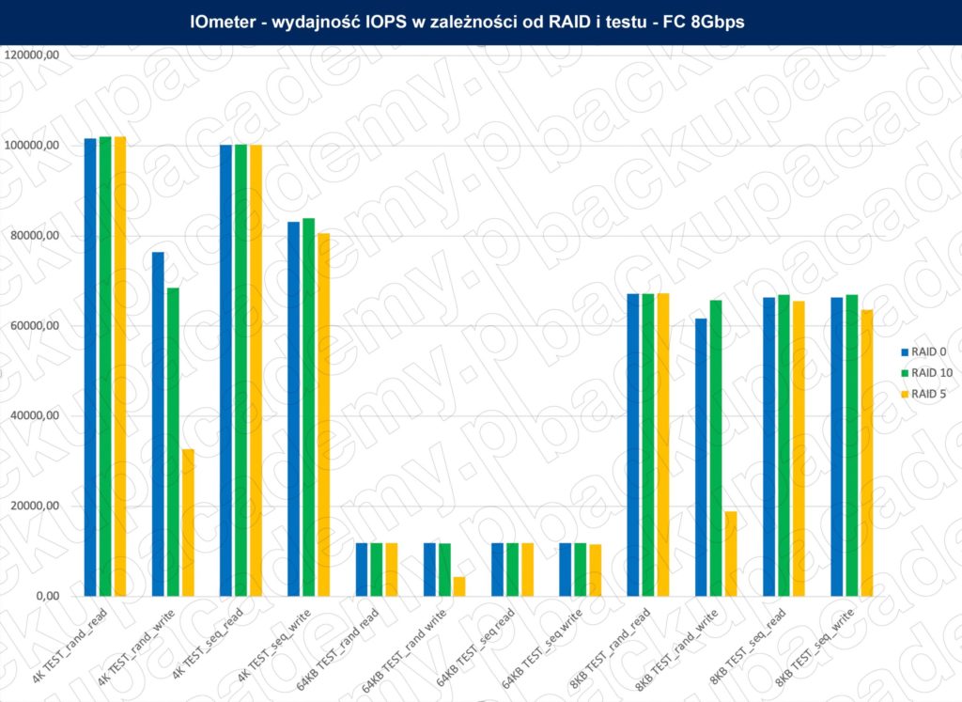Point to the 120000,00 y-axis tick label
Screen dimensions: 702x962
(x=33, y=55)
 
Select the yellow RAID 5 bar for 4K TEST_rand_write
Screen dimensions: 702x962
(x=188, y=523)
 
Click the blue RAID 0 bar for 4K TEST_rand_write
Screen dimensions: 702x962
(x=158, y=424)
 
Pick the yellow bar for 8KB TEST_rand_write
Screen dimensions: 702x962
(x=731, y=554)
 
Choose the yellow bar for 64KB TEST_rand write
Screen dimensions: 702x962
(x=459, y=586)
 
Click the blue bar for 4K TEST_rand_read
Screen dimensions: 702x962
(x=90, y=367)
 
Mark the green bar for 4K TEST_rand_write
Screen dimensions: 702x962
(x=173, y=442)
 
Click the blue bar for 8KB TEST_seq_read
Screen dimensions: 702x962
(x=768, y=446)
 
